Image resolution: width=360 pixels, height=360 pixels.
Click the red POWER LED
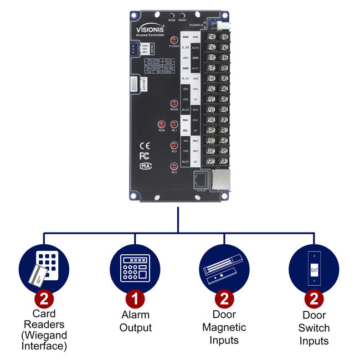[x=173, y=41]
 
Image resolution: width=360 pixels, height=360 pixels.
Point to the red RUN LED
[x=161, y=125]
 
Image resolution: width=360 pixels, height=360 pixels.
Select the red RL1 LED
[x=174, y=125]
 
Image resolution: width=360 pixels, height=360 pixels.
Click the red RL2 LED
[x=174, y=145]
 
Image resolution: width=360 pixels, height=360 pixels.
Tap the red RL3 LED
[x=174, y=166]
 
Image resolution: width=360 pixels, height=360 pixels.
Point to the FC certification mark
[x=144, y=156]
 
